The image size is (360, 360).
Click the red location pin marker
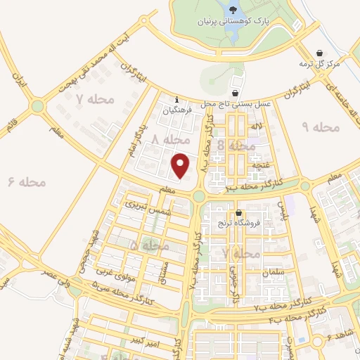point(181,165)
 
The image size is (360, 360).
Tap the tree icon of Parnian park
point(232,8)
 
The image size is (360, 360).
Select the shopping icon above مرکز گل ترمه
point(320,53)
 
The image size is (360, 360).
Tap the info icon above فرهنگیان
point(176,99)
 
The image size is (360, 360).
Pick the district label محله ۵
point(149,247)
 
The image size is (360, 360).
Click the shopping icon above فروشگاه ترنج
point(239,213)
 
